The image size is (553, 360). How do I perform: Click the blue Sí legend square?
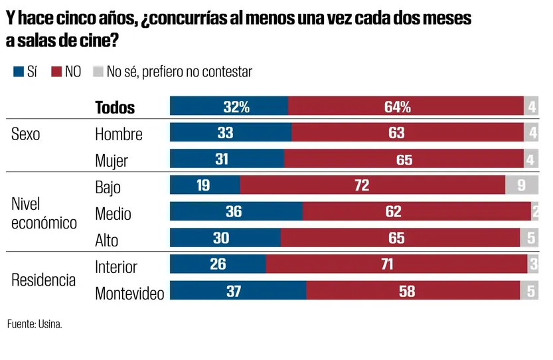coord(18,72)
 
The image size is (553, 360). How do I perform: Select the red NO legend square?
coord(56,72)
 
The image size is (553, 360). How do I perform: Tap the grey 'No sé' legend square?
coord(98,72)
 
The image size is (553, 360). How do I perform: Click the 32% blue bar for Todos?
coord(229,106)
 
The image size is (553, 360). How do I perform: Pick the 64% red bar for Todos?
coord(406,106)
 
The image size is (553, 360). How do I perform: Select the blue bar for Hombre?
coord(230,133)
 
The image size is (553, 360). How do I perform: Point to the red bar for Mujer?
coord(404,159)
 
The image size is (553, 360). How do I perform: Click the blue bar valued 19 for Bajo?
coord(204,185)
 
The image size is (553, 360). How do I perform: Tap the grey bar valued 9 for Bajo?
coord(521,185)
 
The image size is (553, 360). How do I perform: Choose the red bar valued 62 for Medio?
coord(416,212)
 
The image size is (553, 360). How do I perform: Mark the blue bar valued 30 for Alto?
coord(225,238)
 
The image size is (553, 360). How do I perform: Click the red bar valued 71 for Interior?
coord(396,264)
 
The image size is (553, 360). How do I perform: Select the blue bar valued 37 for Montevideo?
coord(238,291)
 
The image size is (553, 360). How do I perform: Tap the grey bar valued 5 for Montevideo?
coord(529,291)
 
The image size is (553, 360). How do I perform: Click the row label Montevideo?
coord(129,293)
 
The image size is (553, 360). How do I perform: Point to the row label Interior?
coord(116,267)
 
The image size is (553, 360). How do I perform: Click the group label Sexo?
coord(26,134)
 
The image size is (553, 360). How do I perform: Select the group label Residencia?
coord(44,280)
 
